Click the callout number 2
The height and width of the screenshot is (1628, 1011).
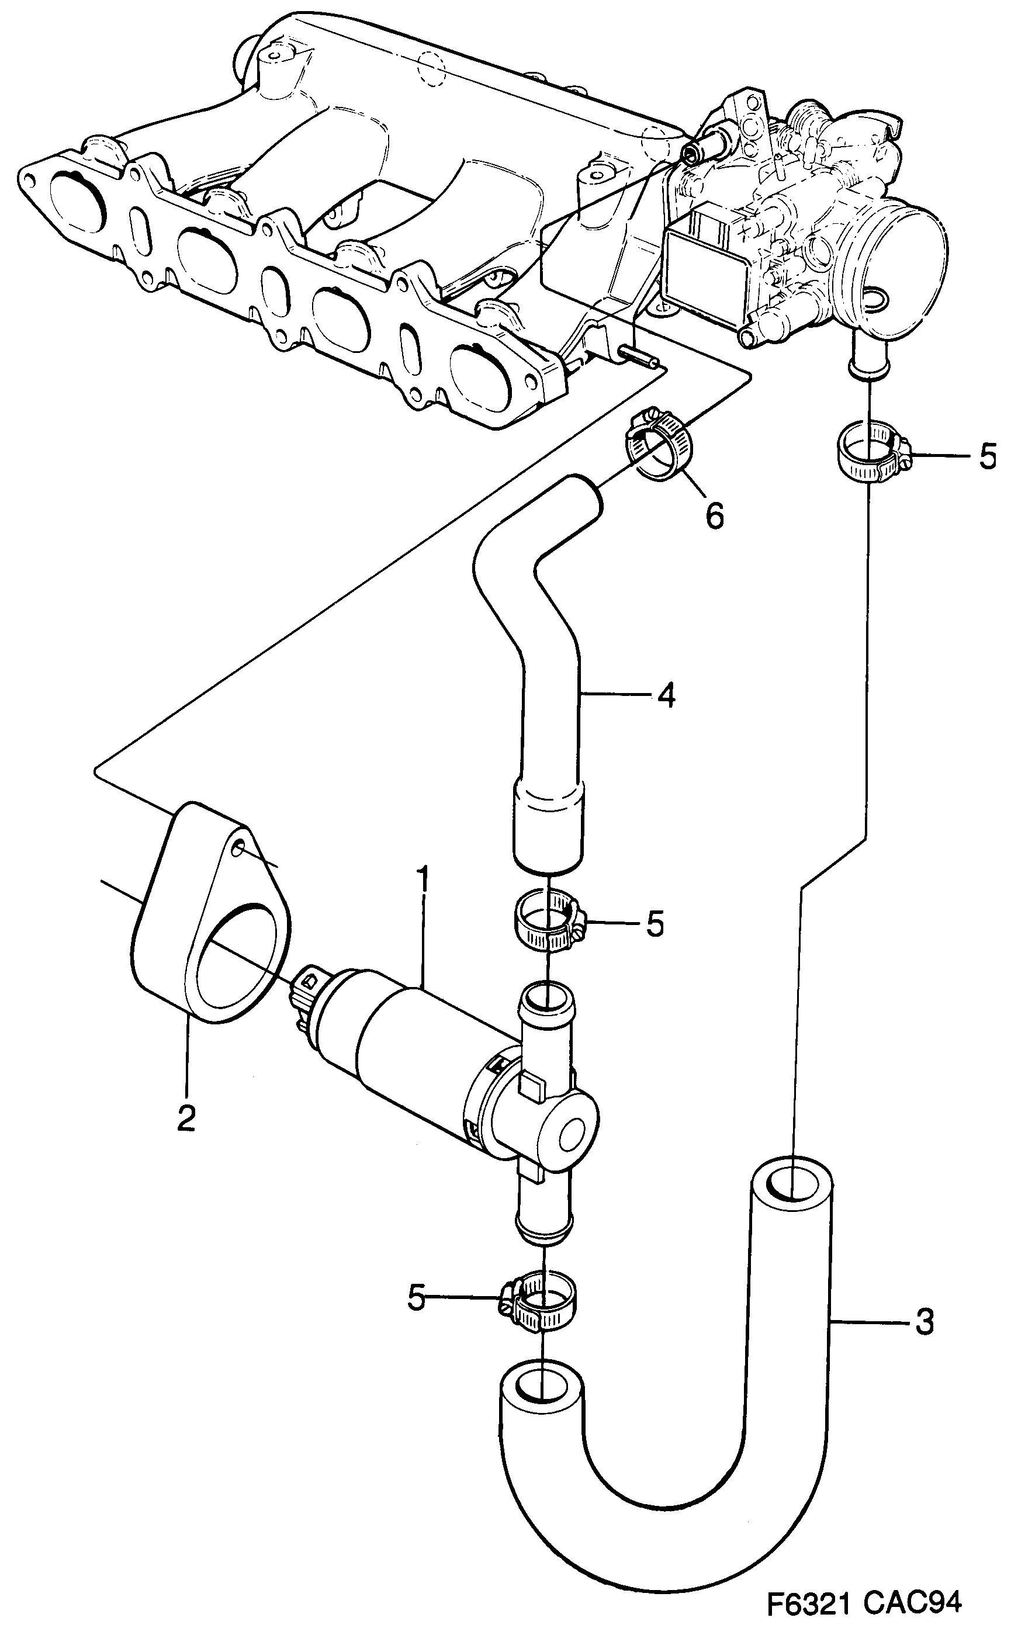click(x=186, y=1117)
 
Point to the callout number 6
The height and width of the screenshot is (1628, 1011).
click(x=714, y=516)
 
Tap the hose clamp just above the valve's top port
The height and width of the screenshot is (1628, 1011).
click(x=547, y=924)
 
